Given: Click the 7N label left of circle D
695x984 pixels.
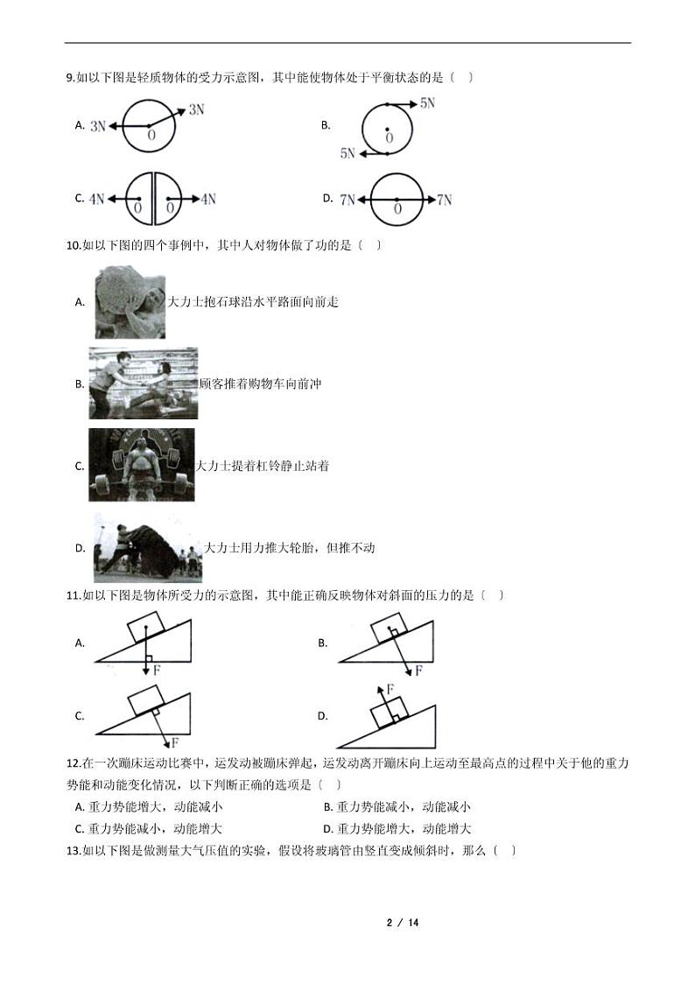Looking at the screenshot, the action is pos(347,200).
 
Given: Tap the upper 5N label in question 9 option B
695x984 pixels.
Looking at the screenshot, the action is pos(427,103).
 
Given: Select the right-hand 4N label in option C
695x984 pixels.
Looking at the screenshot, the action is pos(208,199).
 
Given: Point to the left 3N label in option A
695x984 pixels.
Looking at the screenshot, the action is pos(98,126).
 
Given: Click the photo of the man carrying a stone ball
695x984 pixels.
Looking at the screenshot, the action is pos(130,303).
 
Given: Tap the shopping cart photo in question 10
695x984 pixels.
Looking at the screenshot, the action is pos(143,383).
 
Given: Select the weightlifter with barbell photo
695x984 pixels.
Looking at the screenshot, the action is pos(142,465).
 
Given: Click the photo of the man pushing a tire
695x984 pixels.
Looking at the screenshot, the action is pos(148,547).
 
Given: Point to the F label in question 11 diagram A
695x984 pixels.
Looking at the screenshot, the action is pos(156,670).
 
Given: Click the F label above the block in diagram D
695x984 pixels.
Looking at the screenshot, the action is pos(390,690).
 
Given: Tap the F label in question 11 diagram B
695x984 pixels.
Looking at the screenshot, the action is pos(419,671).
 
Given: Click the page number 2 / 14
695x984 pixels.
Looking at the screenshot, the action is pos(403,923).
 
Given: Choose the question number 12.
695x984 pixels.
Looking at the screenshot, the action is pos(74,763).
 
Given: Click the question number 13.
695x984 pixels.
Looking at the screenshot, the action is pos(74,851).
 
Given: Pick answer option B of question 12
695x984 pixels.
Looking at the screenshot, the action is pos(397,807).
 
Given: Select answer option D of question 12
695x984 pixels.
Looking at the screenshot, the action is pos(397,829).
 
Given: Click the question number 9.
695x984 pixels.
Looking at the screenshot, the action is pos(70,78).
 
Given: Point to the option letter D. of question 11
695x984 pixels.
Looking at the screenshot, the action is pos(323,716).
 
